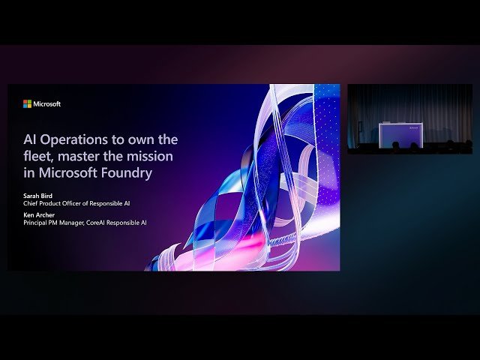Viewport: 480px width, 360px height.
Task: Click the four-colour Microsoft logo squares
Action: pyautogui.click(x=27, y=104)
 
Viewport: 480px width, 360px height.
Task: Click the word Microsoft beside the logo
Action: pyautogui.click(x=46, y=104)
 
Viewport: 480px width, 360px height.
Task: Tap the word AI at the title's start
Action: pyautogui.click(x=30, y=139)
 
